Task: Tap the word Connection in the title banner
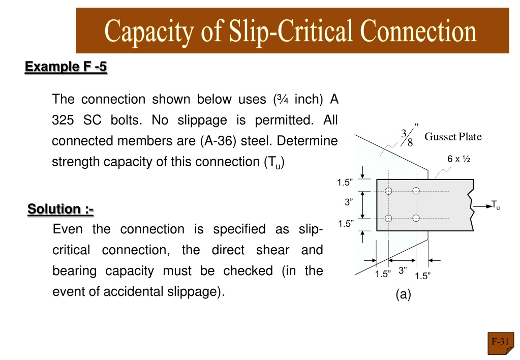pos(418,31)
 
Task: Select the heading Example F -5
pos(66,67)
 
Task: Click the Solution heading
pos(60,209)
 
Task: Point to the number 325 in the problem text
pos(63,120)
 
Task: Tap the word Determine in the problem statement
pos(307,141)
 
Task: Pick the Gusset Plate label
pos(453,136)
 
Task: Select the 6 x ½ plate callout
pos(458,159)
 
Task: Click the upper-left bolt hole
pos(388,191)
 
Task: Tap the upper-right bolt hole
pos(416,191)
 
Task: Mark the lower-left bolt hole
pos(388,218)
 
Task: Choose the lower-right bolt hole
pos(416,218)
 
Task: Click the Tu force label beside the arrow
pos(495,205)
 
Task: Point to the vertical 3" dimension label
pos(349,202)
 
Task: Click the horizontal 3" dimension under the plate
pos(402,270)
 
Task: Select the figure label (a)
pos(403,294)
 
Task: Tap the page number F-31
pos(500,341)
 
